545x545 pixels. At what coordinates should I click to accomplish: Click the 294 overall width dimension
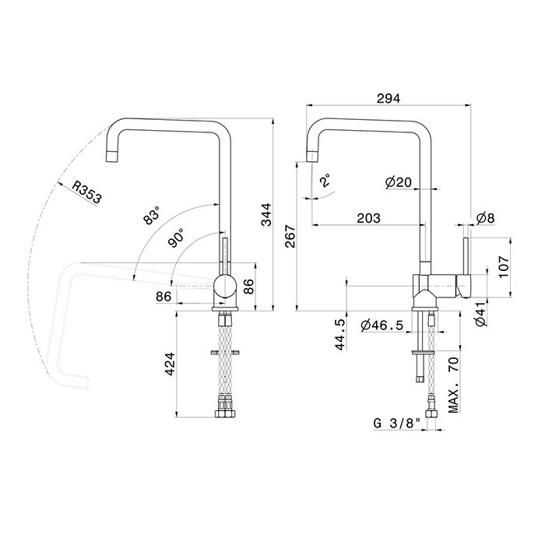(x=389, y=98)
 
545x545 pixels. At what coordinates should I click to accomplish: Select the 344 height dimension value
(x=267, y=214)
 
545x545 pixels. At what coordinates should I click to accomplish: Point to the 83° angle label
(x=151, y=215)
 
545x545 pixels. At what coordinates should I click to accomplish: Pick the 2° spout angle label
(x=325, y=181)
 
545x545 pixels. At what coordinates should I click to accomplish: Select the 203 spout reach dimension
(x=369, y=218)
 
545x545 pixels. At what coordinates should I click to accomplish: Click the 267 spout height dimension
(x=290, y=236)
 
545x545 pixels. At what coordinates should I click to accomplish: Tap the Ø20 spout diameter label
(x=399, y=181)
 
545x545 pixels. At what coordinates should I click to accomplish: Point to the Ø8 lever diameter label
(x=486, y=218)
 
